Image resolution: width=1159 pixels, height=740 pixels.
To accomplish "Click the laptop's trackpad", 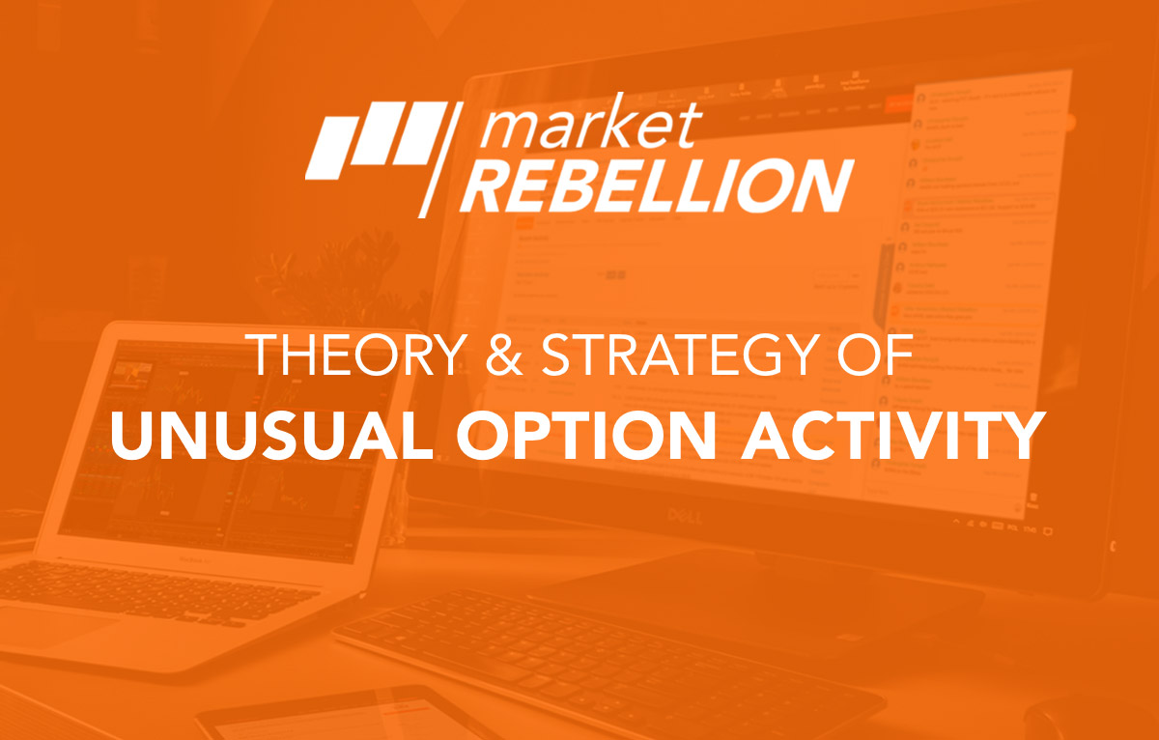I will coord(58,628).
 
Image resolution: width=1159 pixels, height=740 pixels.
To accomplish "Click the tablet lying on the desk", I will coord(319,715).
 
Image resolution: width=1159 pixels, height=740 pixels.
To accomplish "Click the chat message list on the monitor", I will coord(975,290).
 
